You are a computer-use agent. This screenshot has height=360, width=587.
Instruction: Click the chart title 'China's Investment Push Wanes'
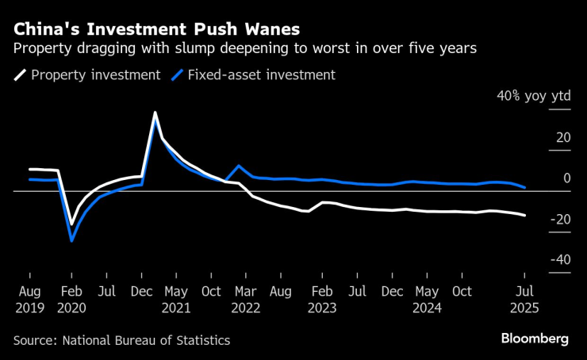(x=156, y=29)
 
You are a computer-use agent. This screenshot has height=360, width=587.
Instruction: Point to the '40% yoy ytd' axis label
(x=533, y=96)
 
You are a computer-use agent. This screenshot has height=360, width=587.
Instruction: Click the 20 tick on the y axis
(x=562, y=137)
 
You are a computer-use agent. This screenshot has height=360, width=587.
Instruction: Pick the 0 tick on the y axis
(x=566, y=178)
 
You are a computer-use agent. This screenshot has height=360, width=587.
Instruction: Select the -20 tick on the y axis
(x=559, y=220)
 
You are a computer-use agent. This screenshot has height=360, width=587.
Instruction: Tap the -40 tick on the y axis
(x=559, y=260)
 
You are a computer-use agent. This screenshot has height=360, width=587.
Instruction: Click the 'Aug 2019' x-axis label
(x=29, y=300)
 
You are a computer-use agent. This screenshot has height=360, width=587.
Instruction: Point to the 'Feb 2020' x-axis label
(x=71, y=300)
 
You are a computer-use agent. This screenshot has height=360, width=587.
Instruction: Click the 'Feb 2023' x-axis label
(x=322, y=300)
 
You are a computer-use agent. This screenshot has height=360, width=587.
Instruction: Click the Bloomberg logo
(x=535, y=339)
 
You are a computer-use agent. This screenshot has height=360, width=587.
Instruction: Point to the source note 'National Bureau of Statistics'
(x=147, y=340)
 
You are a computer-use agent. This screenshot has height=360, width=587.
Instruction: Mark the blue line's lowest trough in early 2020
(x=71, y=240)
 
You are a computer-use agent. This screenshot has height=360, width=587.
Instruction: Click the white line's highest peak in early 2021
(x=155, y=113)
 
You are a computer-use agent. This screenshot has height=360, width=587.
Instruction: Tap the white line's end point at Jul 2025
(x=525, y=215)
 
